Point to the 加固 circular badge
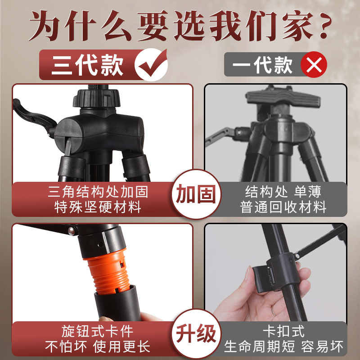pyautogui.click(x=196, y=194)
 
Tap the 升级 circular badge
pyautogui.click(x=196, y=334)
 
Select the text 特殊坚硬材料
pyautogui.click(x=96, y=207)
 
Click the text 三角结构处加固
pyautogui.click(x=97, y=192)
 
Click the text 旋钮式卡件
pyautogui.click(x=97, y=332)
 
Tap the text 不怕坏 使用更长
pyautogui.click(x=97, y=347)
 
